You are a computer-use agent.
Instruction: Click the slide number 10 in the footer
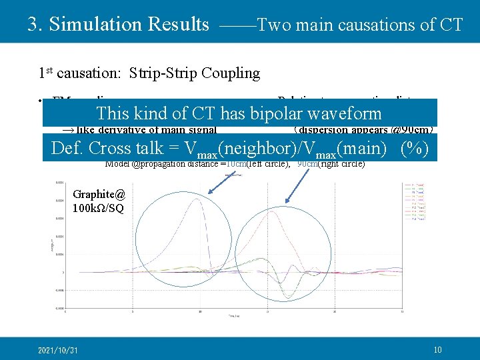437,349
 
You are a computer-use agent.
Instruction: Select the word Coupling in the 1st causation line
233,73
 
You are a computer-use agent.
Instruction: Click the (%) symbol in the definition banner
415,149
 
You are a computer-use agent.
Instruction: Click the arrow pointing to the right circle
297,183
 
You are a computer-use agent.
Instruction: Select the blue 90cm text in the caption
306,163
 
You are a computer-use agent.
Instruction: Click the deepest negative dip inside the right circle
287,296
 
